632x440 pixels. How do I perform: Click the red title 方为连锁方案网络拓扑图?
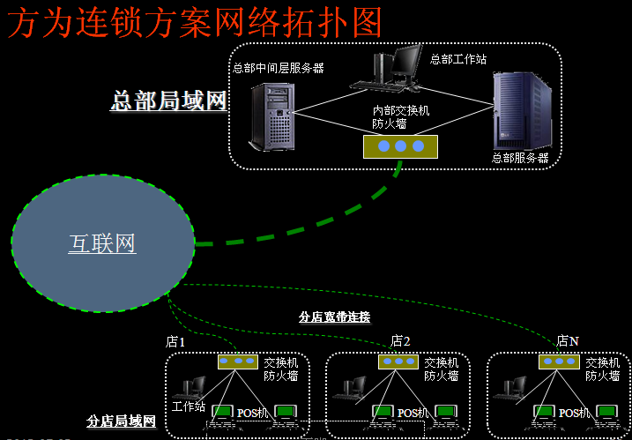click(x=196, y=22)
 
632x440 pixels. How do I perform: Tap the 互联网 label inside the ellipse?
click(x=102, y=242)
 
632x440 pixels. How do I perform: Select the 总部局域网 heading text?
click(x=168, y=101)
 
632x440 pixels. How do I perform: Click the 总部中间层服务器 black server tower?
click(x=269, y=116)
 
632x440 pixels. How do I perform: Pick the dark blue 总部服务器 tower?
click(x=517, y=110)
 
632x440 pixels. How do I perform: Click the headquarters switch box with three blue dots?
click(x=401, y=145)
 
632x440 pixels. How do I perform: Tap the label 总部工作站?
click(x=458, y=59)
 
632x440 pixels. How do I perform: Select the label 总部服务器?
click(x=520, y=158)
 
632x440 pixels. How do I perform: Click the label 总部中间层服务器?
click(x=278, y=68)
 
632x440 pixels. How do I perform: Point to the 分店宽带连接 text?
click(x=334, y=317)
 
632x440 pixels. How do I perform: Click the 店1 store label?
click(x=176, y=341)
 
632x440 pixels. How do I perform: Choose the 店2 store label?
click(x=401, y=341)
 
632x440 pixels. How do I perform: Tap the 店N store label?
click(x=568, y=341)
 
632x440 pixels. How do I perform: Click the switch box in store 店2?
click(x=398, y=362)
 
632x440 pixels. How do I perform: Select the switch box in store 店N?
click(x=559, y=362)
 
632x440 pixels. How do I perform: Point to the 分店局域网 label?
click(x=122, y=422)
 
